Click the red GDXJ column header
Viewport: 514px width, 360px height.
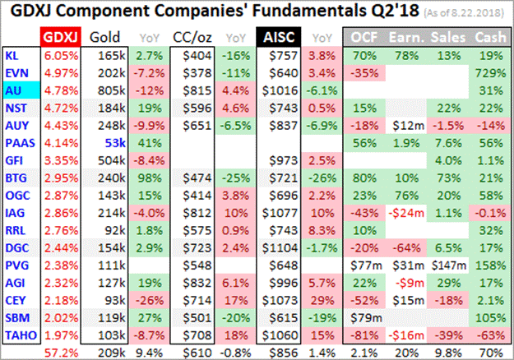coord(60,37)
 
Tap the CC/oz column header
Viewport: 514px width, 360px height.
coord(190,37)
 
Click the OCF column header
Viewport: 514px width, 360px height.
coord(366,37)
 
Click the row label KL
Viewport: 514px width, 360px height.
coord(11,55)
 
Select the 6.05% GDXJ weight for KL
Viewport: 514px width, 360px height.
coord(59,55)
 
